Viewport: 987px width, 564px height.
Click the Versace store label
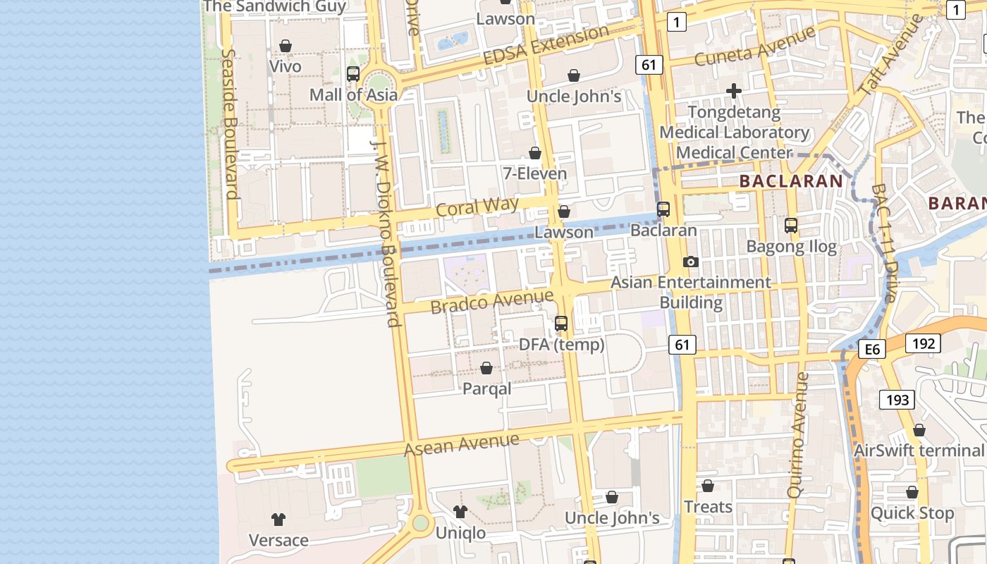click(x=278, y=540)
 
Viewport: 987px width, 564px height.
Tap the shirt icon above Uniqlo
click(x=460, y=511)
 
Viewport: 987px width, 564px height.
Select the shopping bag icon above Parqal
click(x=486, y=368)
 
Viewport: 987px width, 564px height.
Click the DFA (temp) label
click(x=561, y=345)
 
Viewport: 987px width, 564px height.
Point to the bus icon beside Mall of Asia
click(x=353, y=73)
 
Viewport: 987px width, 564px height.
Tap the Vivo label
click(x=286, y=66)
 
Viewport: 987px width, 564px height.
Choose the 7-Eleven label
click(x=534, y=173)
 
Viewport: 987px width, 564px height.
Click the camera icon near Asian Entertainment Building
click(x=691, y=262)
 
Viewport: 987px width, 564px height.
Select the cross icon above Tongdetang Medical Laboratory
click(x=734, y=91)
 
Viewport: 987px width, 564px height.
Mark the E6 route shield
click(x=873, y=349)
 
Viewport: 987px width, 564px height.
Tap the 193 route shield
click(x=897, y=400)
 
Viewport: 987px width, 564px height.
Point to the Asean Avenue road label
click(x=462, y=444)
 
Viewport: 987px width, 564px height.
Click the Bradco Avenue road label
click(x=491, y=302)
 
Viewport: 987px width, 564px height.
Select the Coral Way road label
click(x=477, y=207)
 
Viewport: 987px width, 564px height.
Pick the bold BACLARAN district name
click(x=790, y=181)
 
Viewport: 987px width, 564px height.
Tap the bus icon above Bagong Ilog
click(x=791, y=226)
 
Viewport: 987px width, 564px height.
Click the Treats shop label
click(x=708, y=507)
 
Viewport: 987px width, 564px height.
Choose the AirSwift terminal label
click(x=919, y=450)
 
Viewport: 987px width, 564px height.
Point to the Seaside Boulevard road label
click(x=229, y=123)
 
